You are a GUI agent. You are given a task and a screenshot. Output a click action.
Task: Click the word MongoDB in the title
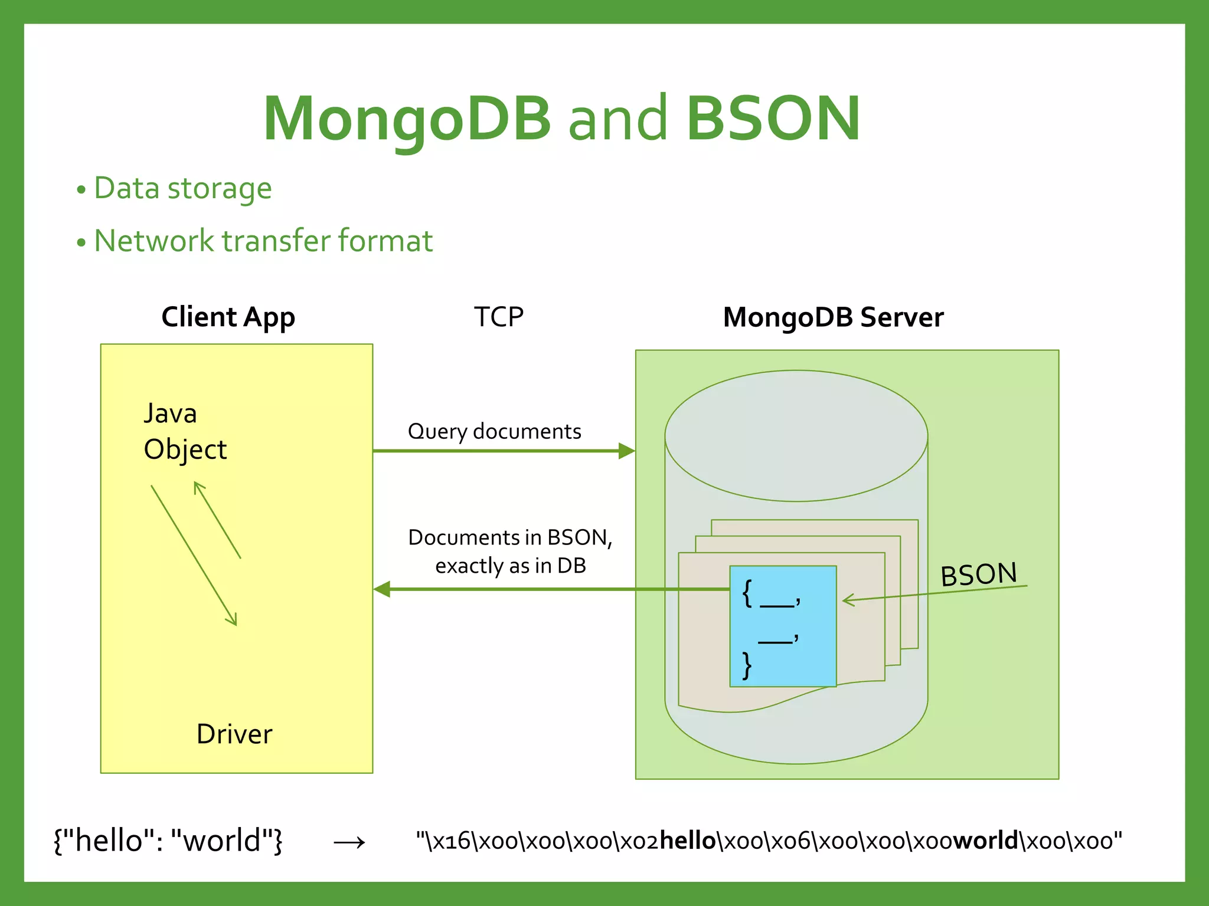click(x=407, y=120)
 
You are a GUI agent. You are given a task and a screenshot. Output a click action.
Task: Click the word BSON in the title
click(x=773, y=120)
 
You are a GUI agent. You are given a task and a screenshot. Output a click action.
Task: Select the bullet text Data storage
click(x=182, y=189)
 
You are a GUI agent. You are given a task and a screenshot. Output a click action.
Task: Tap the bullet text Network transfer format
click(x=263, y=241)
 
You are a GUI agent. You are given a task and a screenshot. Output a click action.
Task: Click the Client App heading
click(x=228, y=317)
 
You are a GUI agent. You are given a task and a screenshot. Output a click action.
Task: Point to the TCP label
click(x=499, y=317)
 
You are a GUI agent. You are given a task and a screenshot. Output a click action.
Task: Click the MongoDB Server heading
click(x=833, y=317)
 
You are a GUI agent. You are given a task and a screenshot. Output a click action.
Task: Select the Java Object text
click(x=185, y=432)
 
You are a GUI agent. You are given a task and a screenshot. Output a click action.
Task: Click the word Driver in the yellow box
click(x=234, y=734)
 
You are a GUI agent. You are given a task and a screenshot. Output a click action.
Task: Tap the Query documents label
click(x=495, y=432)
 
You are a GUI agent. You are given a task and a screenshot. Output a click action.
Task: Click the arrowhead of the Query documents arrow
click(x=627, y=451)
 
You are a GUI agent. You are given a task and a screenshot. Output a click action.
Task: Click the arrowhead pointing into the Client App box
click(x=382, y=589)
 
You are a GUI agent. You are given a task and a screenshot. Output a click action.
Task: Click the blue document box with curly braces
click(x=783, y=626)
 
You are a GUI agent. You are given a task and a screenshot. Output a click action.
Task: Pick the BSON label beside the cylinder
click(x=978, y=575)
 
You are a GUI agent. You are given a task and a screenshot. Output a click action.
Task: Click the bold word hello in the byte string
click(x=687, y=841)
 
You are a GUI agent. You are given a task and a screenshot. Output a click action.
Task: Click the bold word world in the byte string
click(x=985, y=841)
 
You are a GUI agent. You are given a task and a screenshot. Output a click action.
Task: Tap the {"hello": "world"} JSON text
click(x=168, y=841)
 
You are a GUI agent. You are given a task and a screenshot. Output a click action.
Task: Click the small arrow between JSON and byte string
click(x=349, y=843)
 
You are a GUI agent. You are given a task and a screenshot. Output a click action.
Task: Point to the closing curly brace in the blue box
click(x=747, y=665)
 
